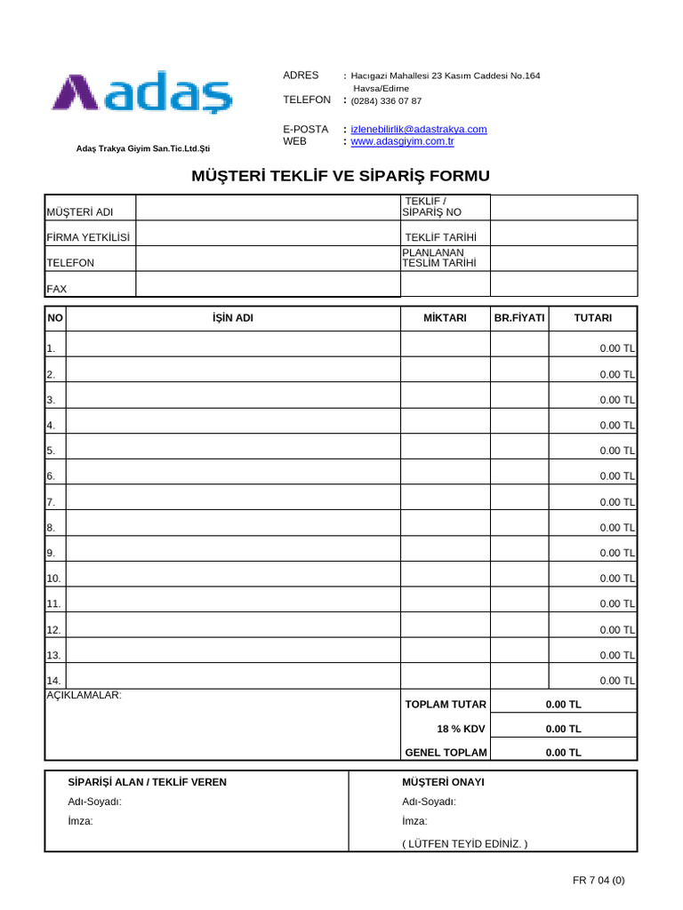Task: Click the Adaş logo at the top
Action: pos(142,93)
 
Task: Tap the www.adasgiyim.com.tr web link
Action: pos(403,141)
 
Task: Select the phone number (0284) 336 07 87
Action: pos(387,101)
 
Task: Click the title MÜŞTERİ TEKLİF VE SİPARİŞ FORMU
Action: pos(341,175)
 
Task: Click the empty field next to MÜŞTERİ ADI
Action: pos(268,208)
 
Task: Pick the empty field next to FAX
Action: pos(268,284)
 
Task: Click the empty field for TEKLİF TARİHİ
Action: pos(564,234)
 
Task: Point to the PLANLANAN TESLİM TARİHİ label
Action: pos(439,258)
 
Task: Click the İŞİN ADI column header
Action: pos(233,318)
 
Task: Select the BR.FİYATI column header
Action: pos(519,318)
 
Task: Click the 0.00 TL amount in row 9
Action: pos(616,553)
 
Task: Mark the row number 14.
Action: pos(52,681)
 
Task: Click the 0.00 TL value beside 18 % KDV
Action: pos(563,729)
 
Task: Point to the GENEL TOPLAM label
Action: pos(446,753)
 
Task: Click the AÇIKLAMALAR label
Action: pos(84,695)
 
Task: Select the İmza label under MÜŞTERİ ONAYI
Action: pos(414,821)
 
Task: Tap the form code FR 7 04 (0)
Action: pos(599,881)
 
